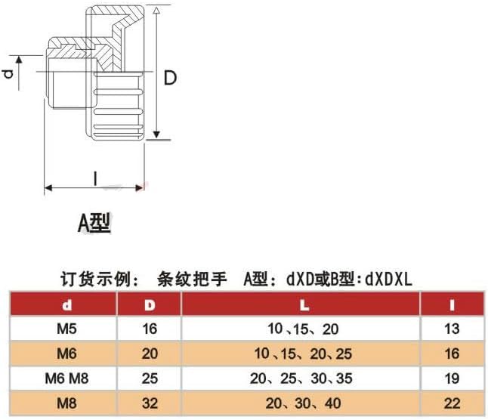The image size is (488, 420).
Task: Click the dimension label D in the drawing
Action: [x=171, y=78]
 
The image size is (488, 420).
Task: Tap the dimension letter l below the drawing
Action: [x=94, y=178]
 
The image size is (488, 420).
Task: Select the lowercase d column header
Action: [x=66, y=305]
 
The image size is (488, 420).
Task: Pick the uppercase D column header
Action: [x=149, y=305]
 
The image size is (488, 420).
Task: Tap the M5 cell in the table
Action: [x=66, y=329]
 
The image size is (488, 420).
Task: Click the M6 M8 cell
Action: [x=66, y=376]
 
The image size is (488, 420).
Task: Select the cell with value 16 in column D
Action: [x=149, y=329]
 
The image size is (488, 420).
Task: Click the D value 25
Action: [x=149, y=376]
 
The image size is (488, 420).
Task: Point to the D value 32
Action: [x=149, y=401]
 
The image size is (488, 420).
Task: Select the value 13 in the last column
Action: [x=452, y=329]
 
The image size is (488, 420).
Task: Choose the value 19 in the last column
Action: [x=452, y=376]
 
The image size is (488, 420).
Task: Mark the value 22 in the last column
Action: [x=452, y=401]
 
